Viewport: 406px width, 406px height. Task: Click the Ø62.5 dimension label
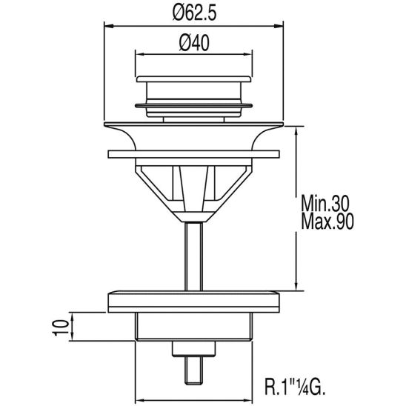click(194, 13)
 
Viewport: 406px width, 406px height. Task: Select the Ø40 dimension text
click(194, 43)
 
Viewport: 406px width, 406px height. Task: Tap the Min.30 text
click(325, 204)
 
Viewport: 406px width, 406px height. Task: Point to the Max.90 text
click(327, 221)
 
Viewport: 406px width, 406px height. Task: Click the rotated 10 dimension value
click(61, 327)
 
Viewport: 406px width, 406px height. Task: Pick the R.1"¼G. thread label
click(295, 386)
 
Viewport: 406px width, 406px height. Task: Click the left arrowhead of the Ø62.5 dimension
click(109, 26)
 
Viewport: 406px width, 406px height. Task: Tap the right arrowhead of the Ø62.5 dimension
click(279, 26)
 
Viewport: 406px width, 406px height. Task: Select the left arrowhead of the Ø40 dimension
click(140, 54)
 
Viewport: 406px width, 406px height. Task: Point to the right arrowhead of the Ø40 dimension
click(247, 54)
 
